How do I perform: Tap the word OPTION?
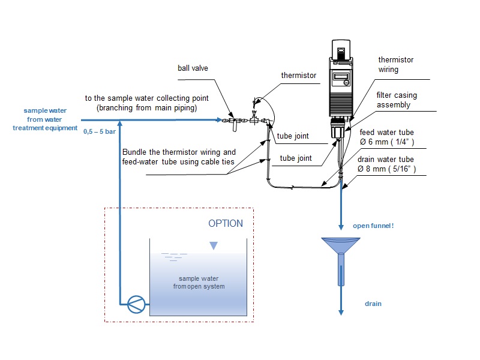coord(226,223)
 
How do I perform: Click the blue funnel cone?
coord(341,245)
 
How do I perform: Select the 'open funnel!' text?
coord(372,226)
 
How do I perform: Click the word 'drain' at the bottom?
coord(373,304)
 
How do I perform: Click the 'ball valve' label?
coord(193,68)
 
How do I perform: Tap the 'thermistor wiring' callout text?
coord(395,65)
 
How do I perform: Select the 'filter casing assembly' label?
coord(396,99)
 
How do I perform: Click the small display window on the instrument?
coord(341,77)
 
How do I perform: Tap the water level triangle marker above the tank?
coord(214,245)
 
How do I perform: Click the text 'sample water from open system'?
coord(198,282)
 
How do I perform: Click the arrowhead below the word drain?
coord(341,311)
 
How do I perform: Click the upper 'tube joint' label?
coord(293,136)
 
